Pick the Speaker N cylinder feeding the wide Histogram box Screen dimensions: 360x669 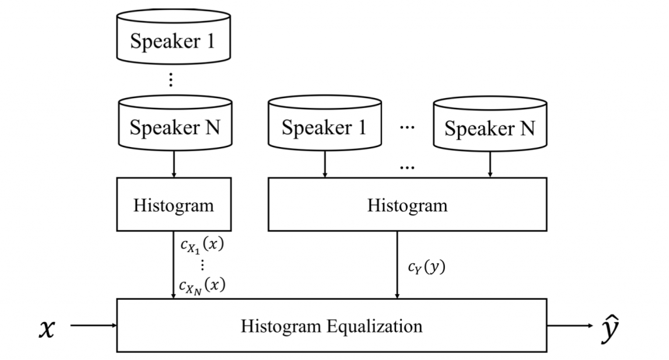coord(490,128)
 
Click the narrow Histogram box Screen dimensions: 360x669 coord(173,205)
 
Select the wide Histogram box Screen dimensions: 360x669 coord(407,205)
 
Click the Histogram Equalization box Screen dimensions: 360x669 coord(331,325)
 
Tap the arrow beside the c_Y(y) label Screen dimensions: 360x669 coord(397,265)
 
